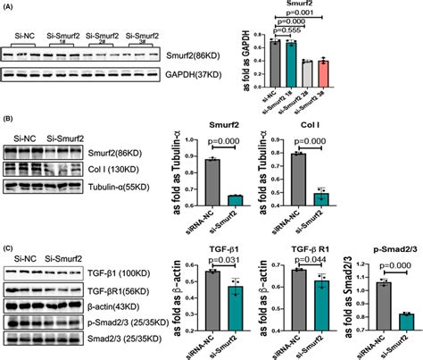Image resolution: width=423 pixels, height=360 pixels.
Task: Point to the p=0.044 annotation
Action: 305,259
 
